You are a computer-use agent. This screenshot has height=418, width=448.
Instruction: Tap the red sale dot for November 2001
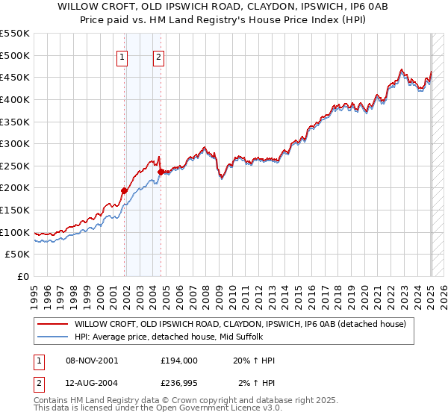point(124,190)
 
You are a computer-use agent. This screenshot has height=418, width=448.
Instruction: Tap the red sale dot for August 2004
point(161,172)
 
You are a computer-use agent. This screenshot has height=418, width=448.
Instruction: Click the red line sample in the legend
point(53,324)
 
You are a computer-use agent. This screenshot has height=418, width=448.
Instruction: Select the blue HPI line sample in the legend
point(53,337)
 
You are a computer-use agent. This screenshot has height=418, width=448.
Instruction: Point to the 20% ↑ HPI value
point(255,361)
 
